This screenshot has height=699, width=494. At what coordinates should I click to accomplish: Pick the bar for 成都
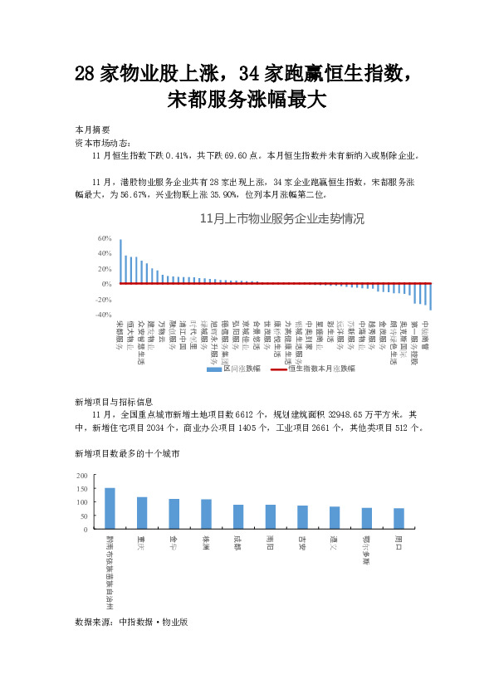tap(238, 516)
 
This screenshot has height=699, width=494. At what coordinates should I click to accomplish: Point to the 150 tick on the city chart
tap(81, 489)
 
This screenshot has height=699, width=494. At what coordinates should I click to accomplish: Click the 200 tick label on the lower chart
tap(81, 476)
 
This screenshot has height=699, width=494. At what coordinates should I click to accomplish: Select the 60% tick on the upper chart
tap(105, 237)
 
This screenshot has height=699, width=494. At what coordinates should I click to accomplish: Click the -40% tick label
tap(104, 315)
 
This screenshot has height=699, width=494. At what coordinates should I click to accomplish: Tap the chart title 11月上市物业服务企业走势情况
tap(282, 219)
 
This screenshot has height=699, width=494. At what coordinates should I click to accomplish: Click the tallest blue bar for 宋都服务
tap(120, 262)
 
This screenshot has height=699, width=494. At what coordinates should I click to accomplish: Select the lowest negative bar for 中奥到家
tap(431, 296)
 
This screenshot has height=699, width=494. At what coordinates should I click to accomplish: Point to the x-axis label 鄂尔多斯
tap(366, 550)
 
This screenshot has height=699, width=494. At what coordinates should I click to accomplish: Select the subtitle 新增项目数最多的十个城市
tap(126, 453)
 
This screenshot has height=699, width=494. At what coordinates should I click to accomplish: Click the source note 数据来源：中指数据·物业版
tap(131, 620)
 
